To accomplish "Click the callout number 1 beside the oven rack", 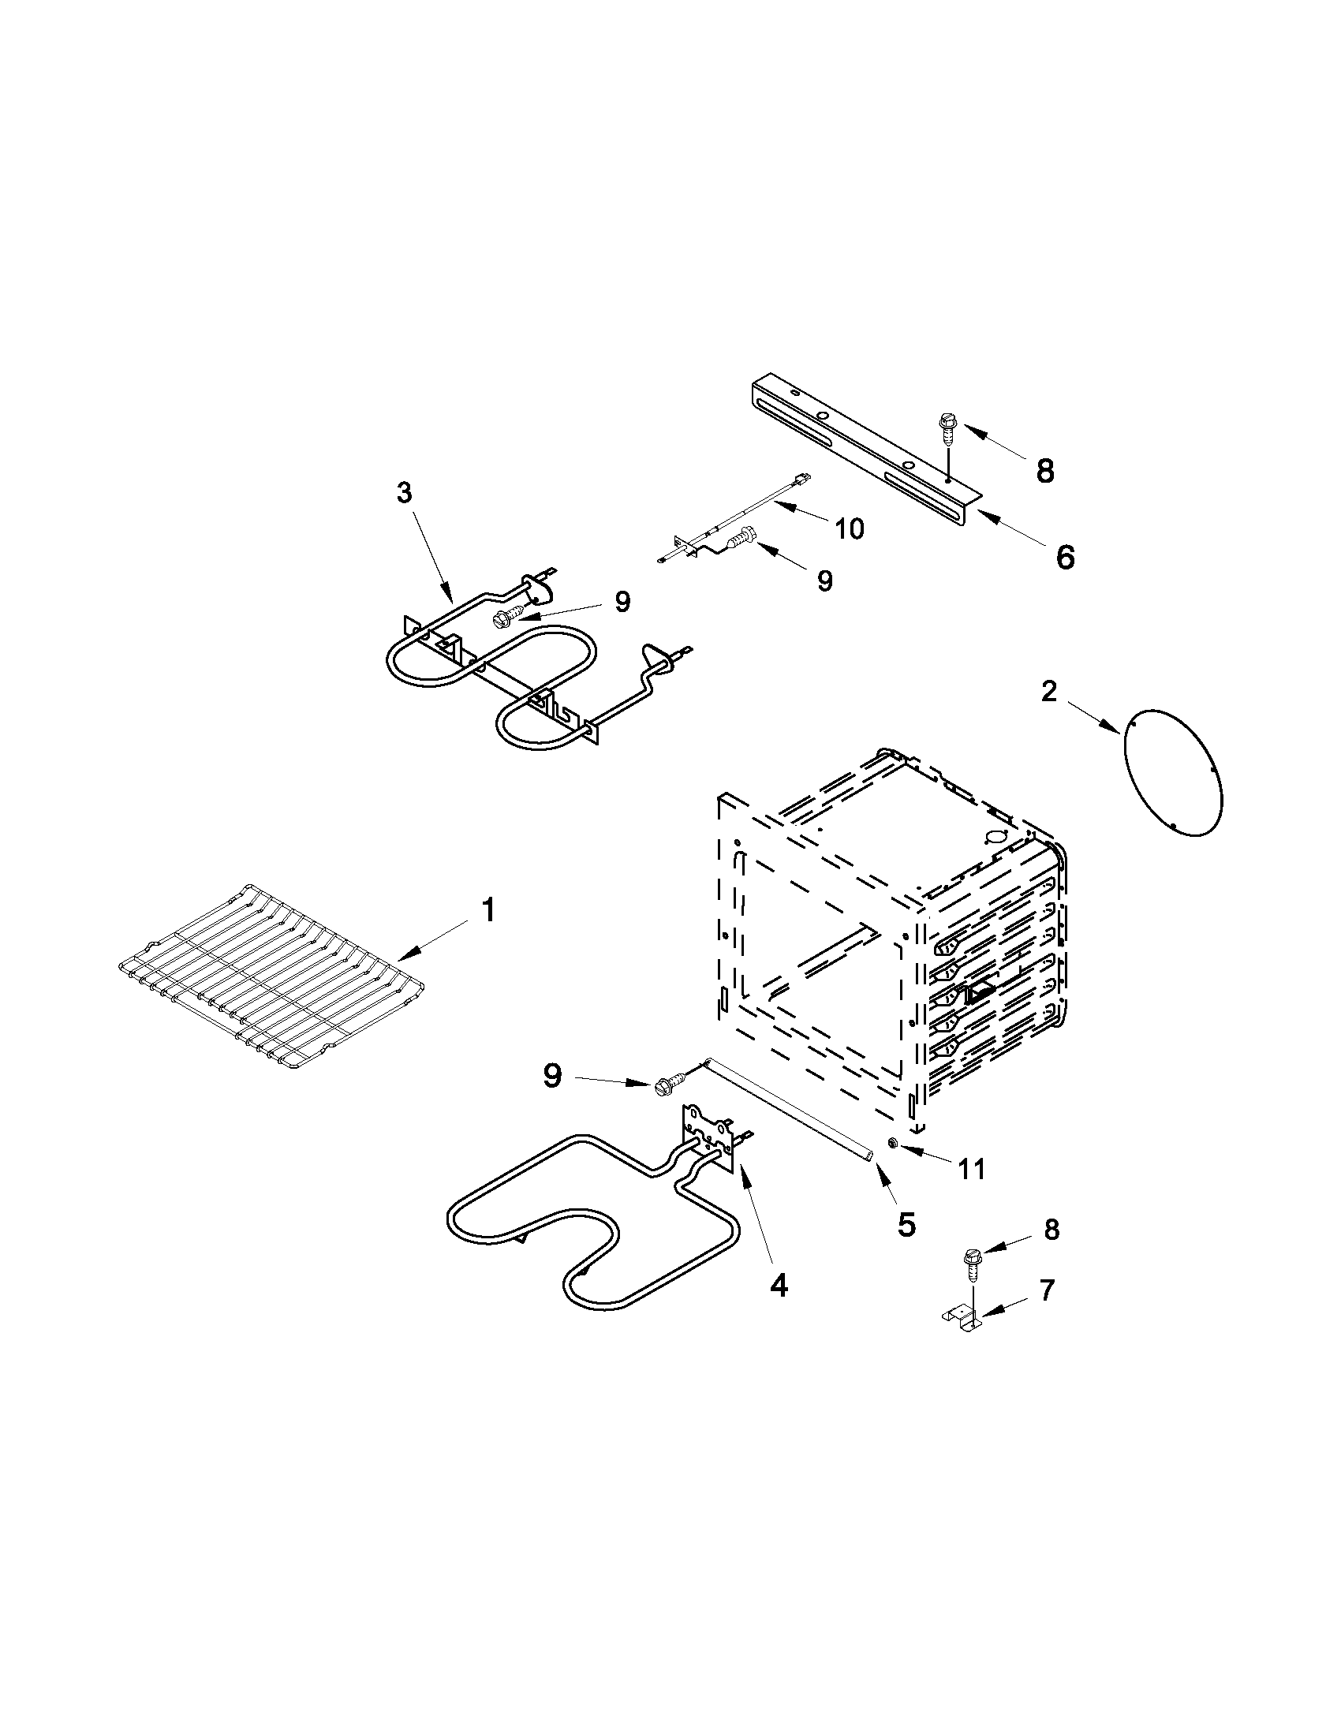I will point(489,910).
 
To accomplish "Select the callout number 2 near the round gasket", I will point(1049,693).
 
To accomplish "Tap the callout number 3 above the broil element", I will point(405,493).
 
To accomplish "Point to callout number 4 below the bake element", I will point(779,1286).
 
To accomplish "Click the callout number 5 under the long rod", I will point(906,1225).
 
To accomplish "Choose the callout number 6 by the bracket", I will point(1064,557).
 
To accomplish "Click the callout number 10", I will point(850,528).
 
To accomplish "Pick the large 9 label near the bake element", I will point(551,1077).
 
